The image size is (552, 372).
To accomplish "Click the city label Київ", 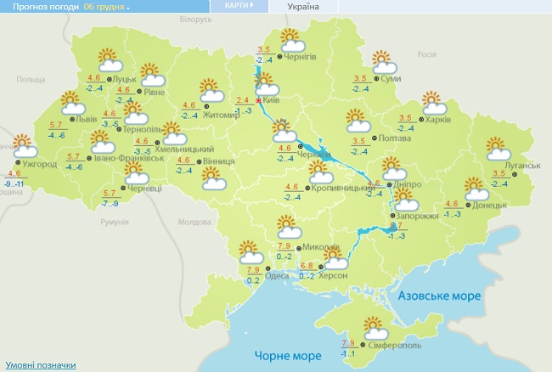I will (x=273, y=100).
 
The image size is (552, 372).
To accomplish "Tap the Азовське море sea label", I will (x=440, y=296).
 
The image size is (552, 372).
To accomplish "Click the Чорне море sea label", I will (x=287, y=354).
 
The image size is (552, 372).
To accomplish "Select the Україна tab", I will (x=303, y=6).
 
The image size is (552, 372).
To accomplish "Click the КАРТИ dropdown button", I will (x=239, y=5).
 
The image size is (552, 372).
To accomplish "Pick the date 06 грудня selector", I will (x=107, y=7).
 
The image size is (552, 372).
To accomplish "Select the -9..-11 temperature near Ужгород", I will (x=14, y=183).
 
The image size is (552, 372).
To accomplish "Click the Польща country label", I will (x=31, y=79).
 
